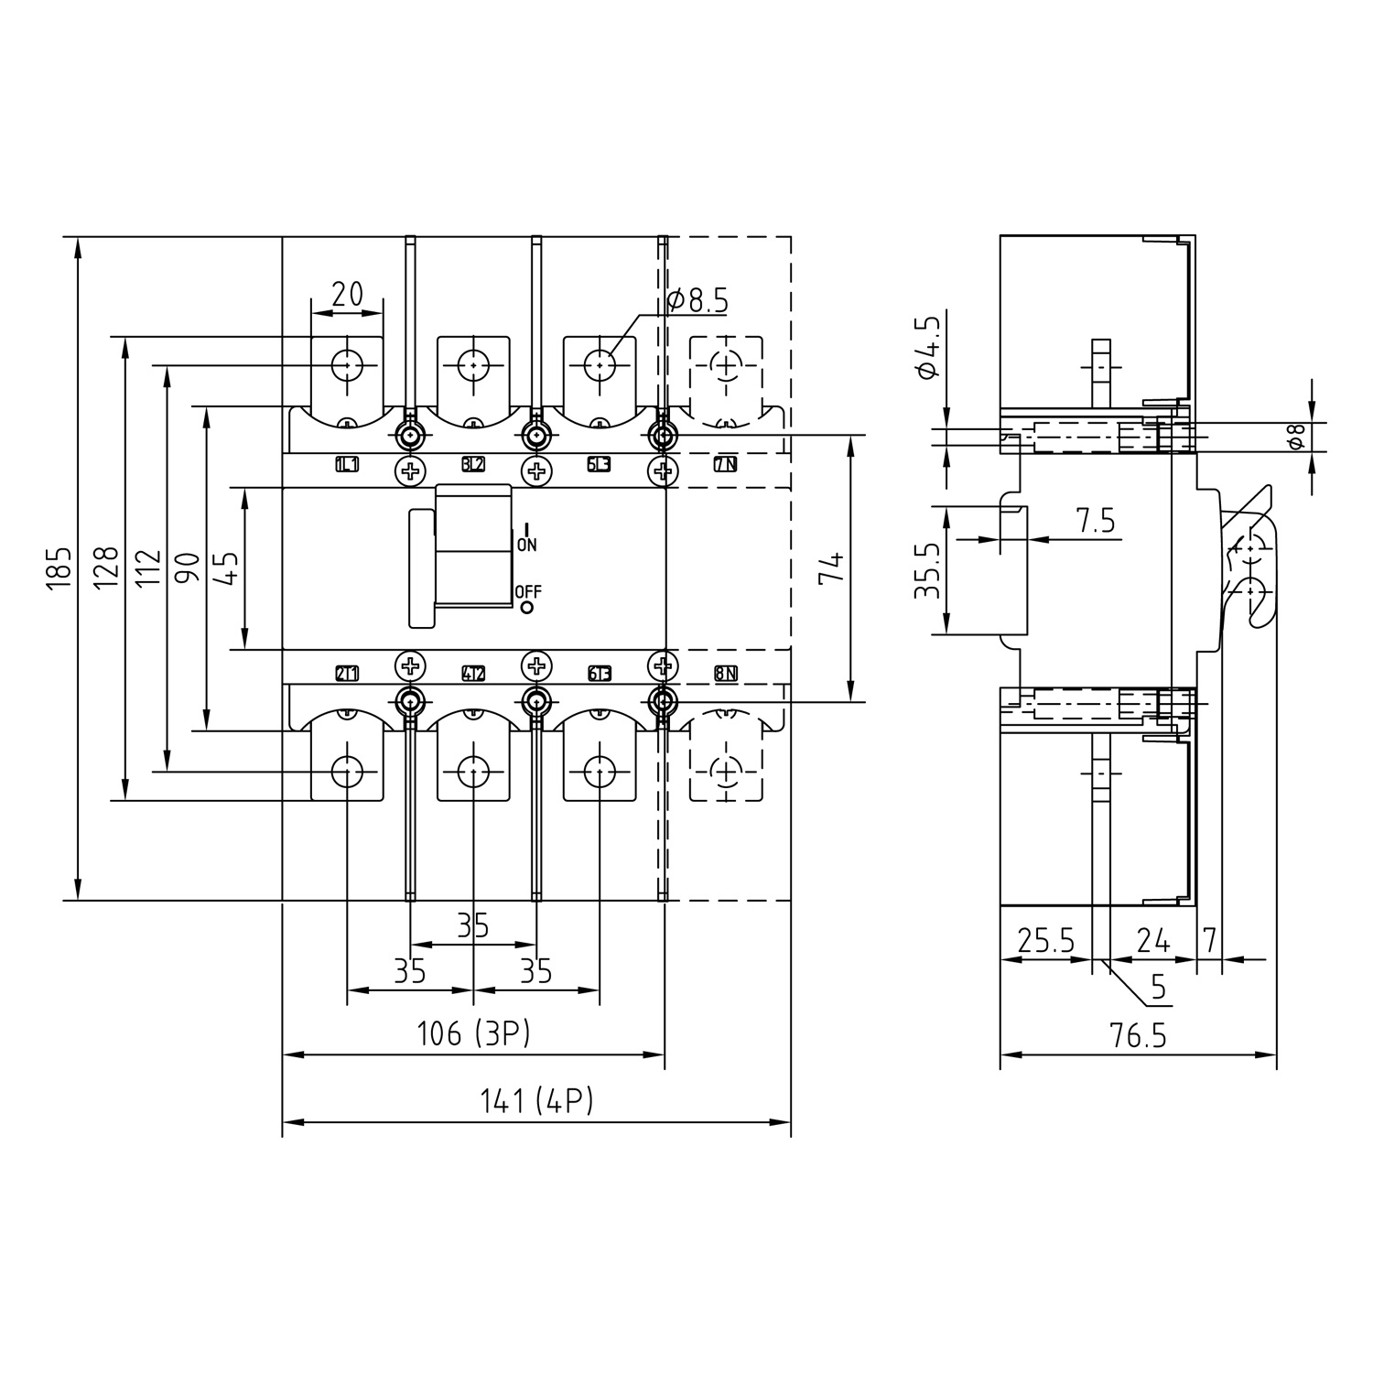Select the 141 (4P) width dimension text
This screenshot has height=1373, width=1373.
click(536, 1101)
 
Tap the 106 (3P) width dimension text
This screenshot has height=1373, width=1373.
click(473, 1034)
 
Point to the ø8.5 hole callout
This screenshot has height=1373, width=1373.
click(697, 300)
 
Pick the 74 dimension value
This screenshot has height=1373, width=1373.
click(831, 568)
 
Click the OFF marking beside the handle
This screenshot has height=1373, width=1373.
click(528, 592)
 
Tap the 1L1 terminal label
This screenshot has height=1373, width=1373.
click(347, 465)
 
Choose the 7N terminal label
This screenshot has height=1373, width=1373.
click(725, 465)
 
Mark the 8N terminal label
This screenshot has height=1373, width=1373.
click(725, 675)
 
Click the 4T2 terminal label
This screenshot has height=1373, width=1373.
click(473, 675)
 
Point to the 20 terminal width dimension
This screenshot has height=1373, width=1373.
click(347, 294)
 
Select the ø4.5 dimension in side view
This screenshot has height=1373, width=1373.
click(927, 347)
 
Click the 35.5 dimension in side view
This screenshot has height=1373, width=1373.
click(927, 569)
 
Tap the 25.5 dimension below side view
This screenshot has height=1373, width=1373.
click(1045, 941)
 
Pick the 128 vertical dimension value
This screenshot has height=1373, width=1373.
click(106, 568)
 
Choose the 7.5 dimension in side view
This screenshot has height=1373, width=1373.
click(1095, 521)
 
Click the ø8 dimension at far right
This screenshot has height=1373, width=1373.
click(1295, 438)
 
